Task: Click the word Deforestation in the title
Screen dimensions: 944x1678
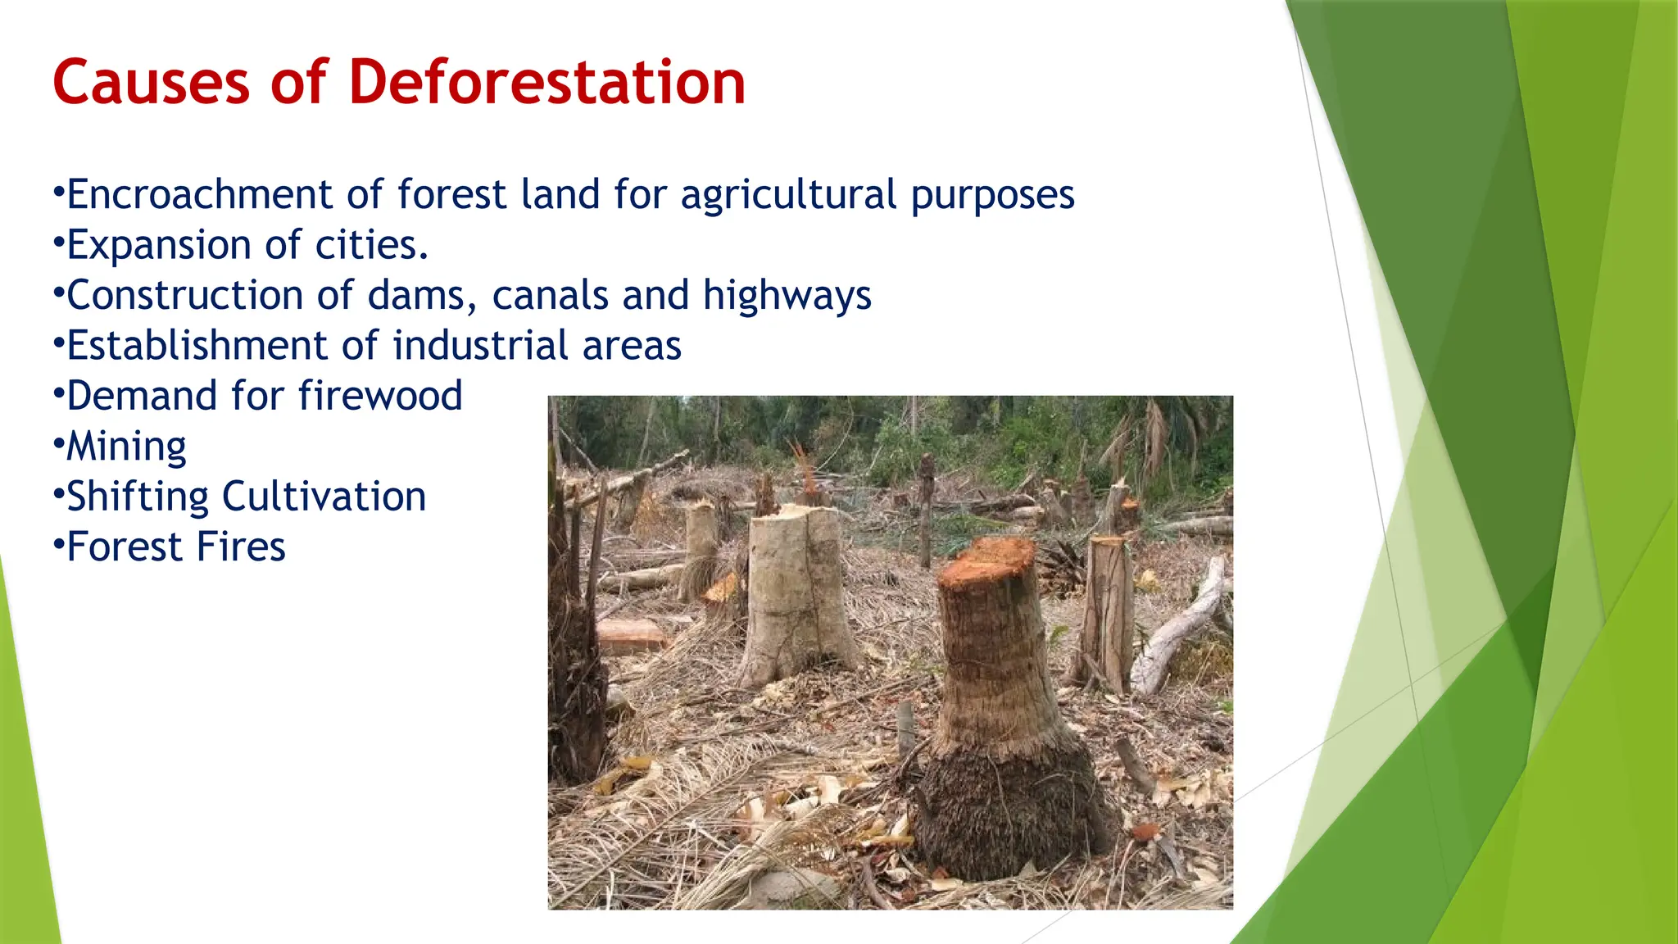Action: [546, 82]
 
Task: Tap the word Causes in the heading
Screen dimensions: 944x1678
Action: [151, 82]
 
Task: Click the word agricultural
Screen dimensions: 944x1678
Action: [788, 195]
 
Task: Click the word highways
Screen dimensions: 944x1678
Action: [787, 295]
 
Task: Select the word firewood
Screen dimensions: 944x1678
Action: [380, 396]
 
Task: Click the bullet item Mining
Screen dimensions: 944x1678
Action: [126, 447]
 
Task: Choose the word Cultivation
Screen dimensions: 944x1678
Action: [324, 497]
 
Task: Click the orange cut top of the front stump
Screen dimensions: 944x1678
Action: [986, 560]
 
